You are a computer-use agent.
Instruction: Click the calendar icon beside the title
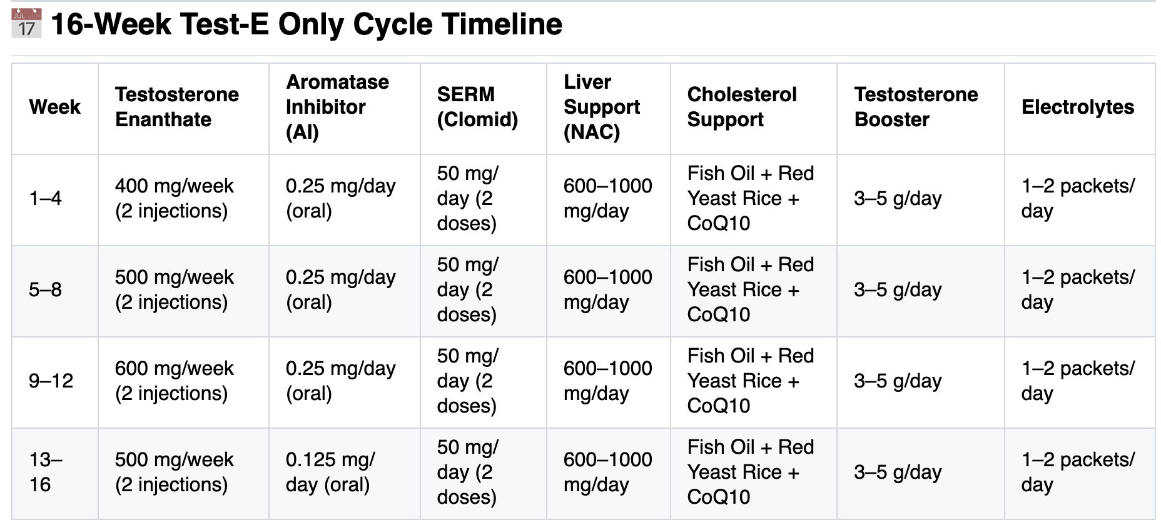point(26,23)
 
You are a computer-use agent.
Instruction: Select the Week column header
point(54,107)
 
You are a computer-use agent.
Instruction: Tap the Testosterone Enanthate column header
point(177,107)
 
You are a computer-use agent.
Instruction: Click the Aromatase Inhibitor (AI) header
point(337,107)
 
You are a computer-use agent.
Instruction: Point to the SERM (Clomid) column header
point(477,107)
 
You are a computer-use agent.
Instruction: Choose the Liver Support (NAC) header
point(602,107)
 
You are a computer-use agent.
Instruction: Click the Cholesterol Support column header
point(742,107)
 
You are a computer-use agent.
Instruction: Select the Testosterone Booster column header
point(916,107)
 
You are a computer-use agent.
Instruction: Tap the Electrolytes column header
point(1078,107)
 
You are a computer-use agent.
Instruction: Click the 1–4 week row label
point(45,198)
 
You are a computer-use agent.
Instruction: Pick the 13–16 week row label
point(46,472)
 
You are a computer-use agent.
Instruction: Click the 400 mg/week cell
point(174,198)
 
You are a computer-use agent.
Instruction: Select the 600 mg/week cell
point(174,381)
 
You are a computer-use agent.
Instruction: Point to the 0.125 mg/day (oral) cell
point(330,472)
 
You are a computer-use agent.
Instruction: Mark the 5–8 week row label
point(45,289)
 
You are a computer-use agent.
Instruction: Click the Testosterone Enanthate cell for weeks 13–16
point(174,472)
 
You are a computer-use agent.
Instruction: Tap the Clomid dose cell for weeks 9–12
point(468,381)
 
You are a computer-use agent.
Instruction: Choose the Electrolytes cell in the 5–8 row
point(1078,289)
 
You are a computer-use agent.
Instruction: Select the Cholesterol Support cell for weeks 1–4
point(751,198)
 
